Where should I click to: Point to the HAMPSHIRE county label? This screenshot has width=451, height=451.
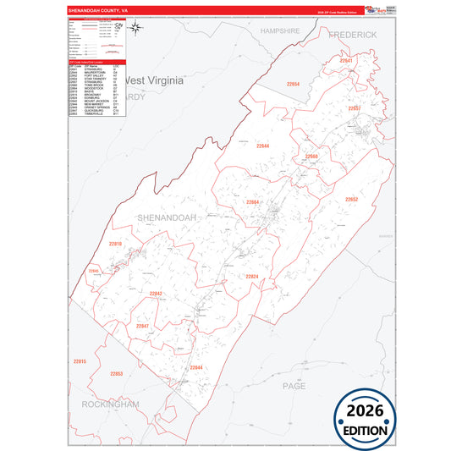click(280, 30)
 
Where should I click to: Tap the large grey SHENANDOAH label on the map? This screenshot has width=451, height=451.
click(167, 217)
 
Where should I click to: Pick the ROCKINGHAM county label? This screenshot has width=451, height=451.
click(110, 405)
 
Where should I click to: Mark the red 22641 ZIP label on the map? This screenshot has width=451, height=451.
click(345, 61)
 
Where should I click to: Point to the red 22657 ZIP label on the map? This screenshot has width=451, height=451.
click(354, 108)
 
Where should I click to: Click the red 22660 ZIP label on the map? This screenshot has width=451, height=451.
click(311, 157)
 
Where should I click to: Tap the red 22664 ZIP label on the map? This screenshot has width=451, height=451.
click(254, 203)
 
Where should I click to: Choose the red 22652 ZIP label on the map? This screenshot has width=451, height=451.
click(351, 199)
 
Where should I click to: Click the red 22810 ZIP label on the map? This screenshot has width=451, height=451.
click(116, 244)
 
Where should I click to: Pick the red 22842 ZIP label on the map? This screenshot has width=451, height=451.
click(155, 293)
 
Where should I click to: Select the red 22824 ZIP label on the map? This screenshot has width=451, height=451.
click(252, 277)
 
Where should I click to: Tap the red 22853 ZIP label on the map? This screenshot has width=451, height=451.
click(116, 373)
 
